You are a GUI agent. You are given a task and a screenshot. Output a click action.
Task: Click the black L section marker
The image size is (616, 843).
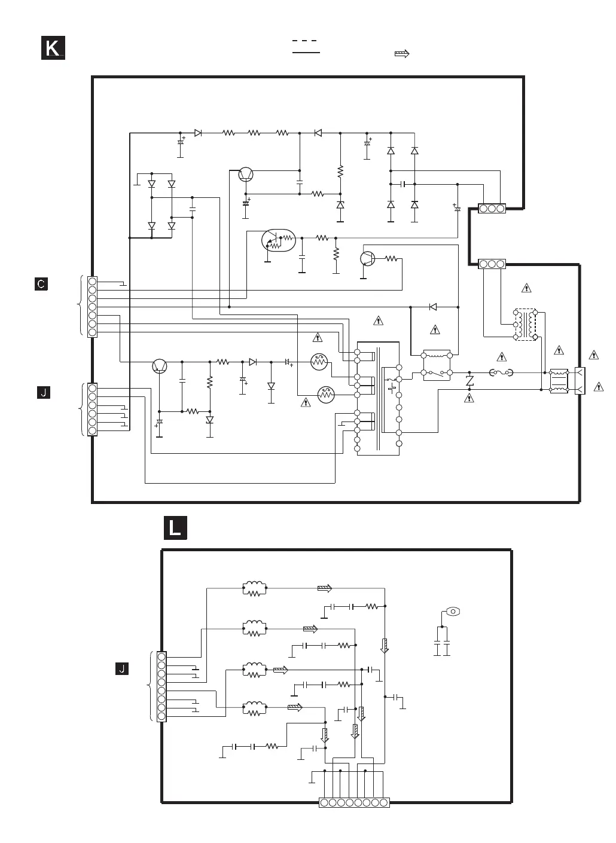tap(175, 528)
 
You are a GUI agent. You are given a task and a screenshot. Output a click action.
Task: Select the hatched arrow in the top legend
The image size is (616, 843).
tap(402, 54)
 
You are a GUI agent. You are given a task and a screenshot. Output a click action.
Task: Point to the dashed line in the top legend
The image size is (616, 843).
tap(305, 41)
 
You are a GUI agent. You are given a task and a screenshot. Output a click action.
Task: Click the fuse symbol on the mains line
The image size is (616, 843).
tap(501, 373)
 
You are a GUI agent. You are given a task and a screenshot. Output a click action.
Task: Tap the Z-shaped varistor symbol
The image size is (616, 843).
tap(469, 381)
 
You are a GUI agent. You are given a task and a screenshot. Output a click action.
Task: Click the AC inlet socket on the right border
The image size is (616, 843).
tap(580, 381)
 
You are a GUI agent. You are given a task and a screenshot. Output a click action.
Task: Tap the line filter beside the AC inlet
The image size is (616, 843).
tap(559, 381)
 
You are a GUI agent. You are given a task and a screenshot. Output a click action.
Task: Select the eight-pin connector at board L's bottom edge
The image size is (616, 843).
tap(354, 802)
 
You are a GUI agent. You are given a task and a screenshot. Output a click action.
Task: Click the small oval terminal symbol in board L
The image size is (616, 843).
tap(453, 611)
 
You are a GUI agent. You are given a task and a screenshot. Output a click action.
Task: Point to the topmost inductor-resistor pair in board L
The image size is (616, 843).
tap(255, 589)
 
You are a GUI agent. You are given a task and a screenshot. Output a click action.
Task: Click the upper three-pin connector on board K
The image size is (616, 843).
tap(492, 209)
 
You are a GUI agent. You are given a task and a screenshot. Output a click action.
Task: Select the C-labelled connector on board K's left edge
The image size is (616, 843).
tap(92, 306)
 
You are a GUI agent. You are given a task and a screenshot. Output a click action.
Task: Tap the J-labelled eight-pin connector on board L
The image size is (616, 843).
tap(161, 686)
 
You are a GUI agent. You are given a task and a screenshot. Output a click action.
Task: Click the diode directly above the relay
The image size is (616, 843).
tap(433, 307)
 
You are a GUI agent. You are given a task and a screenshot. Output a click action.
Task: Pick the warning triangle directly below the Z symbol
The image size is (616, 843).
tap(469, 398)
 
